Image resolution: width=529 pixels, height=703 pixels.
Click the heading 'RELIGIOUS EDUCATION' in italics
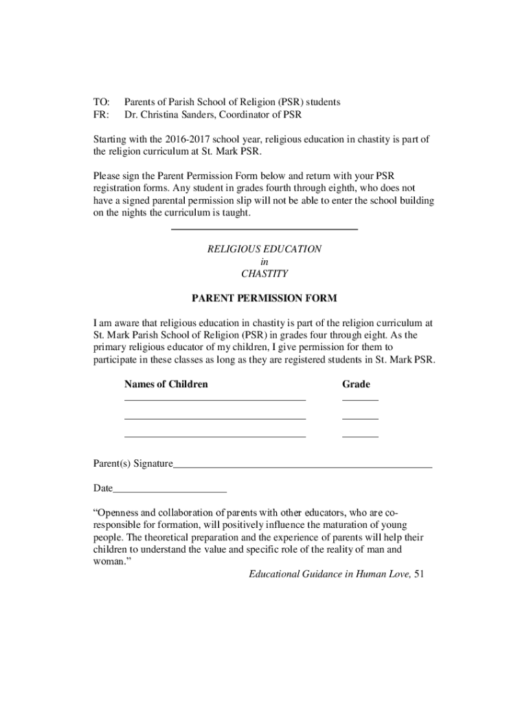[264, 249]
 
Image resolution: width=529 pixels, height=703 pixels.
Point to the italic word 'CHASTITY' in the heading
[264, 273]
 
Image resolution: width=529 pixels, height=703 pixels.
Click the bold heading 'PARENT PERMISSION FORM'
[264, 299]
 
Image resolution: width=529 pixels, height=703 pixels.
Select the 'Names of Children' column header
[166, 384]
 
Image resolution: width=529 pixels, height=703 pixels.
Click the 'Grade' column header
[356, 384]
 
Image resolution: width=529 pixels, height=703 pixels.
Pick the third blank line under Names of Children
[214, 436]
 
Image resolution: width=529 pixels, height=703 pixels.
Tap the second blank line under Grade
[360, 418]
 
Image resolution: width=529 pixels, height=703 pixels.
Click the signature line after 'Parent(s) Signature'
[302, 467]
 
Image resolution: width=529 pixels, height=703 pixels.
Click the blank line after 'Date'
[170, 492]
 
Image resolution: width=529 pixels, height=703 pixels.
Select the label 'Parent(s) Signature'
[133, 463]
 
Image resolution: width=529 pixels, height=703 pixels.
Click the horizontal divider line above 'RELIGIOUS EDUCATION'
[264, 229]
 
